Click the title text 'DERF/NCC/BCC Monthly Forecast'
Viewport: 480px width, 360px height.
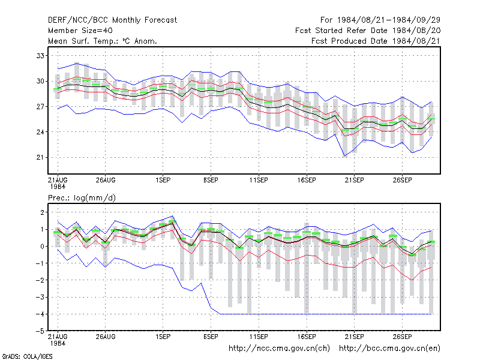tap(112, 20)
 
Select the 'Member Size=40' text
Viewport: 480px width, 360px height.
tap(80, 31)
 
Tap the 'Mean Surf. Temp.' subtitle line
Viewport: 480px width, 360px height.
tap(102, 41)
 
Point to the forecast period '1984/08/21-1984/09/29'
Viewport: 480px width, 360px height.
tap(389, 20)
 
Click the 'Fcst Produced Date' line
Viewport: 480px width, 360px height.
tap(376, 41)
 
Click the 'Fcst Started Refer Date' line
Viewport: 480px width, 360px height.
tap(368, 31)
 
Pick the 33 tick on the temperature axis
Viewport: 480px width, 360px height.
tap(40, 56)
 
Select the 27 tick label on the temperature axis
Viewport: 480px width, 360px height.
tap(40, 107)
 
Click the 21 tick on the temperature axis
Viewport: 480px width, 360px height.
tap(40, 157)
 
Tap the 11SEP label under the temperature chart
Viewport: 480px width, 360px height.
tap(259, 180)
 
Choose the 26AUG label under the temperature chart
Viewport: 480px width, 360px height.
tap(106, 180)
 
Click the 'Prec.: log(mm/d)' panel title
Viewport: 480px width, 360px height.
tap(82, 198)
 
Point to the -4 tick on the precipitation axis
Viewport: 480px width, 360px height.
tap(40, 314)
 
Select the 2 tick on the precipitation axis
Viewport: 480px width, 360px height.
tap(42, 212)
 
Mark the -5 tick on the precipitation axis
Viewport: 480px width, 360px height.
tap(40, 331)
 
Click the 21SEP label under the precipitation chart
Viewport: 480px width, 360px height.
tap(355, 337)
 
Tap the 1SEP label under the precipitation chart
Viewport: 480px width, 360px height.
tap(163, 337)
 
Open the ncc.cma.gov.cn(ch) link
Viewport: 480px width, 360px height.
tap(279, 349)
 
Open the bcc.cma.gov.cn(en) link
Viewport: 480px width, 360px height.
tap(389, 349)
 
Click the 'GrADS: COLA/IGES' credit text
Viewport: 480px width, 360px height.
tap(27, 356)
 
